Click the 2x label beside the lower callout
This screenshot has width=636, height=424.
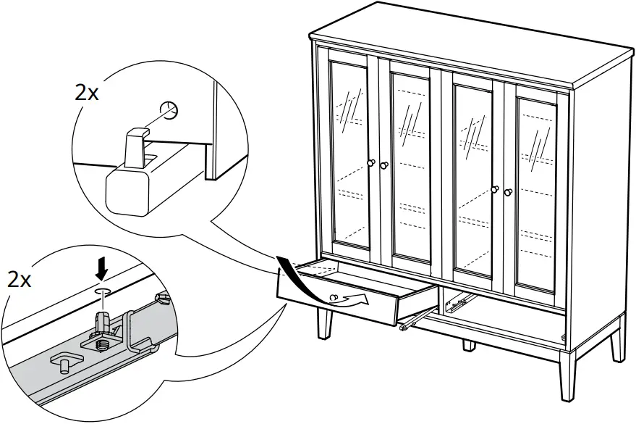tap(20, 280)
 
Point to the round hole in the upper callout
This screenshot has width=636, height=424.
tap(170, 110)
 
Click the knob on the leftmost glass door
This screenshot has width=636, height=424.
tap(371, 164)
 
